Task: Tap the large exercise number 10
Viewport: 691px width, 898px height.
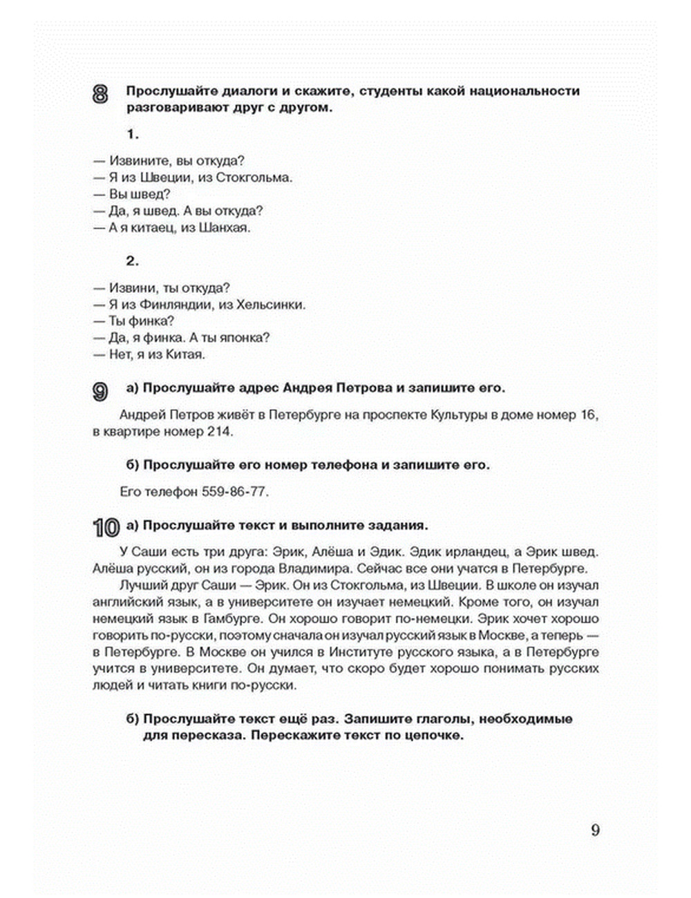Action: pos(105,528)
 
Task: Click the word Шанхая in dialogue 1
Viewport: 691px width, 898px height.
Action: pos(224,228)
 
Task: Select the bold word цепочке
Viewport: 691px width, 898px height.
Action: pos(430,736)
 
